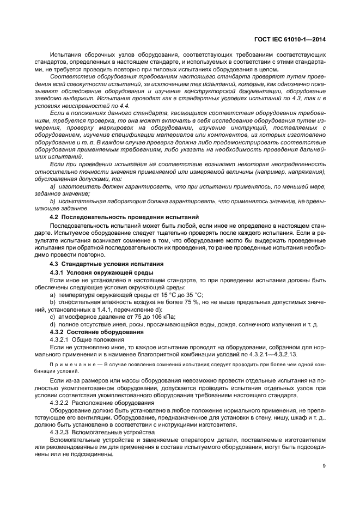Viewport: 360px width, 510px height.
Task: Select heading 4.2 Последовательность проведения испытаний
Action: pyautogui.click(x=125, y=217)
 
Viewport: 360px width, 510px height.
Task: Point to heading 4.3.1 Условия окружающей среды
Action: pyautogui.click(x=101, y=271)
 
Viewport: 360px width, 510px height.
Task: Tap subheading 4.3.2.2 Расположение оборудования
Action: pyautogui.click(x=101, y=402)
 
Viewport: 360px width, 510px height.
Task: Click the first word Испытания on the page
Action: pyautogui.click(x=66, y=55)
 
